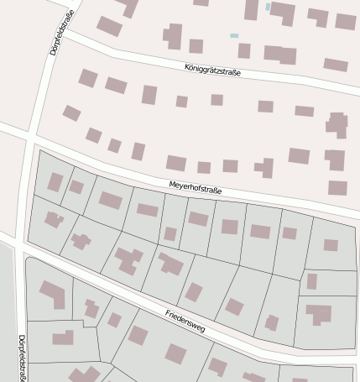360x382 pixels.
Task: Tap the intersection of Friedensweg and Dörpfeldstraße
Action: [x=18, y=243]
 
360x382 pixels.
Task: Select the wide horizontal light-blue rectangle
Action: [x=234, y=35]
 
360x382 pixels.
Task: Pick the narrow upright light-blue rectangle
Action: [x=268, y=7]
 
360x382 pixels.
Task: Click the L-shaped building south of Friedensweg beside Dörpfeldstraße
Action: [x=52, y=295]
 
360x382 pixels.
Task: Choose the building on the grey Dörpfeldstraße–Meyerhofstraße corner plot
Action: [x=55, y=182]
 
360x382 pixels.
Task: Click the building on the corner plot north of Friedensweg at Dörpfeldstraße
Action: [x=54, y=220]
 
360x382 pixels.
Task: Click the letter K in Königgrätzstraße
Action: [x=186, y=64]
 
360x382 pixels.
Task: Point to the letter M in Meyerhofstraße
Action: [x=171, y=182]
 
